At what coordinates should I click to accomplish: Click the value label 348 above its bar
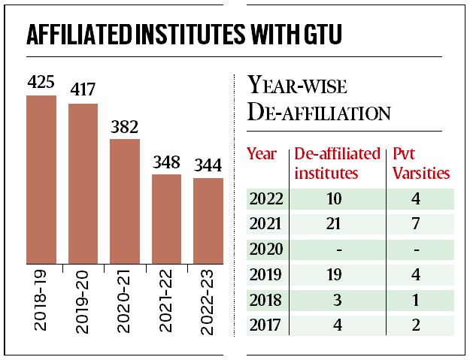pos(166,162)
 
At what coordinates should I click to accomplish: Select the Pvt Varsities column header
pos(421,163)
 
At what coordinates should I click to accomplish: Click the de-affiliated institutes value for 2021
pos(335,223)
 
